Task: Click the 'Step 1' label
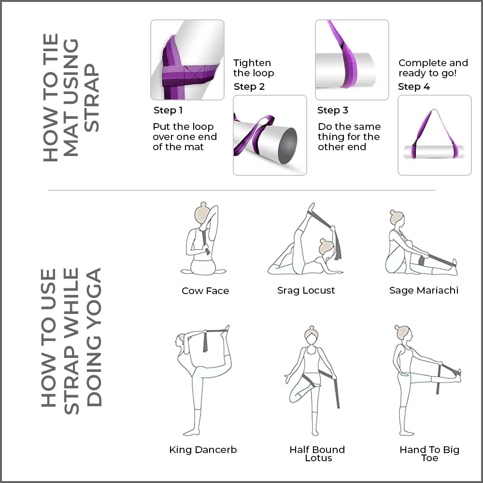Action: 168,111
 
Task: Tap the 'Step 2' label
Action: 249,87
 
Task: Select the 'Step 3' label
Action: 333,111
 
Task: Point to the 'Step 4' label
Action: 414,87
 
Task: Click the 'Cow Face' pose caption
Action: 205,291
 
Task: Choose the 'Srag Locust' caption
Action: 306,291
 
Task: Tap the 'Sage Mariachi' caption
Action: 424,291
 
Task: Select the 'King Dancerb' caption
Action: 203,450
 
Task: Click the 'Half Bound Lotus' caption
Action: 317,454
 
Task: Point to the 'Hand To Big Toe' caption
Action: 429,454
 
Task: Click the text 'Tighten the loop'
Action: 254,68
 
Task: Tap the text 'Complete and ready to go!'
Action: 433,68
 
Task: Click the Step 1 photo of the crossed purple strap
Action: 187,60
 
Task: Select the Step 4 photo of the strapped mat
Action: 434,135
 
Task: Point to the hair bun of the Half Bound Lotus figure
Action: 311,329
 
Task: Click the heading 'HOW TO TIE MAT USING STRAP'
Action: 71,97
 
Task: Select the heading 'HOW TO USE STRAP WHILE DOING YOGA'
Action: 71,338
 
